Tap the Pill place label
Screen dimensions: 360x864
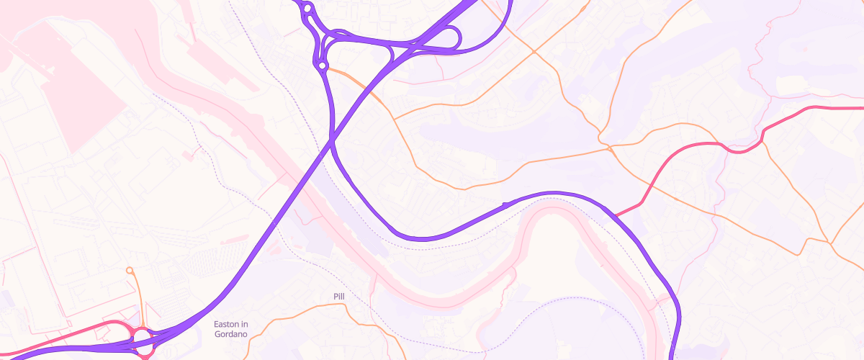tap(340, 297)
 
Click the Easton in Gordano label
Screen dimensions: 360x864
tap(231, 329)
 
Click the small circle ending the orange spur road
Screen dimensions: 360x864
tap(130, 271)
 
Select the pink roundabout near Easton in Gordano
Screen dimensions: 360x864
tap(142, 338)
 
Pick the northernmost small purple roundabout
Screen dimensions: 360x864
tap(307, 9)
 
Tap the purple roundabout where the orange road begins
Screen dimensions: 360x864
tap(322, 66)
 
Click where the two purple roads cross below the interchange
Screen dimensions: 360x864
tap(332, 143)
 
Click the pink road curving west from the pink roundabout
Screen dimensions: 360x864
tap(65, 339)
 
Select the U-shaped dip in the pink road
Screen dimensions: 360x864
tap(742, 150)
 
